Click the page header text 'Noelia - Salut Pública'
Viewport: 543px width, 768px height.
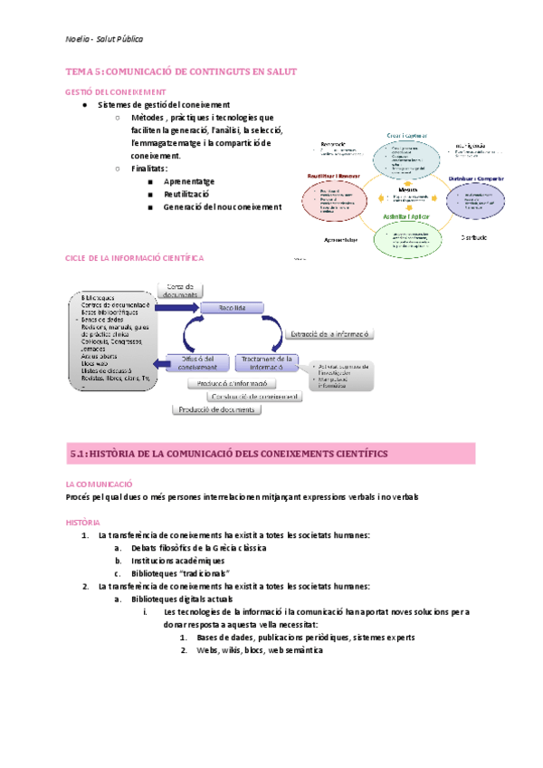click(x=104, y=39)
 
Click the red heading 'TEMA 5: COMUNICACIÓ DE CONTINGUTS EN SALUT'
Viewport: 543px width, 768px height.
click(x=182, y=72)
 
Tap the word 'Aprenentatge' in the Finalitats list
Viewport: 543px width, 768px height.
click(x=189, y=181)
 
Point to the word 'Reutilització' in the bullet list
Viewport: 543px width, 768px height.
click(x=186, y=194)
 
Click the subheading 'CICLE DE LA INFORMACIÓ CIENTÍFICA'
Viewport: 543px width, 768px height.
click(x=135, y=258)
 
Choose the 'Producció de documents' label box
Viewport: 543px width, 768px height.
click(x=218, y=409)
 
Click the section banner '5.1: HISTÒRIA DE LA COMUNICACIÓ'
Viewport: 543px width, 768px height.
click(x=228, y=452)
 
